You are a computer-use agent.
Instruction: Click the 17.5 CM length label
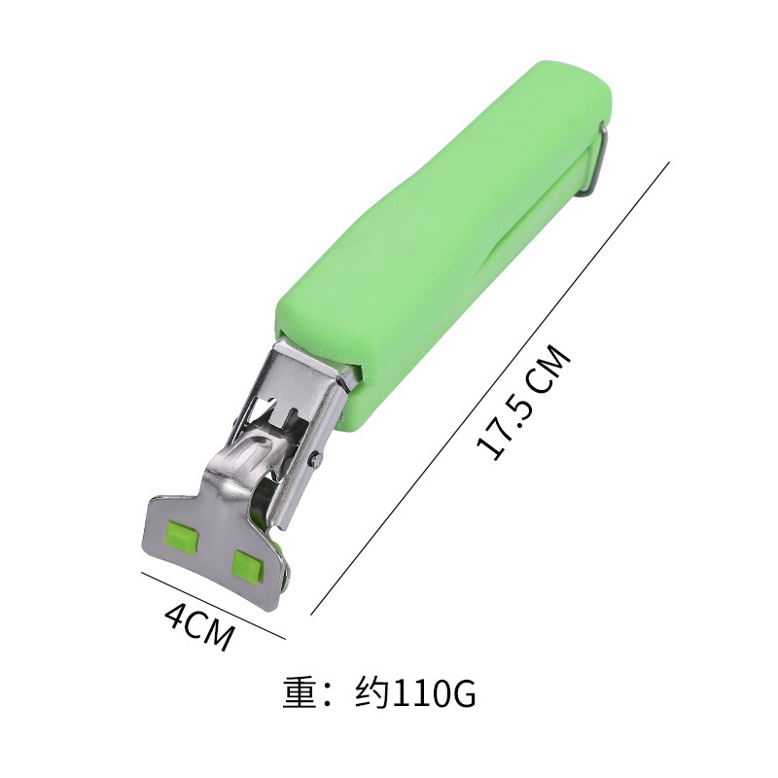524,402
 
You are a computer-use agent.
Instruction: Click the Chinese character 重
301,692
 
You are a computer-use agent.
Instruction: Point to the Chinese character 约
371,692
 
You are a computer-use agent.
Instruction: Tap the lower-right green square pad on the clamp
249,566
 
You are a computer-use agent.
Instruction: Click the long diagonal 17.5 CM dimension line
490,388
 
